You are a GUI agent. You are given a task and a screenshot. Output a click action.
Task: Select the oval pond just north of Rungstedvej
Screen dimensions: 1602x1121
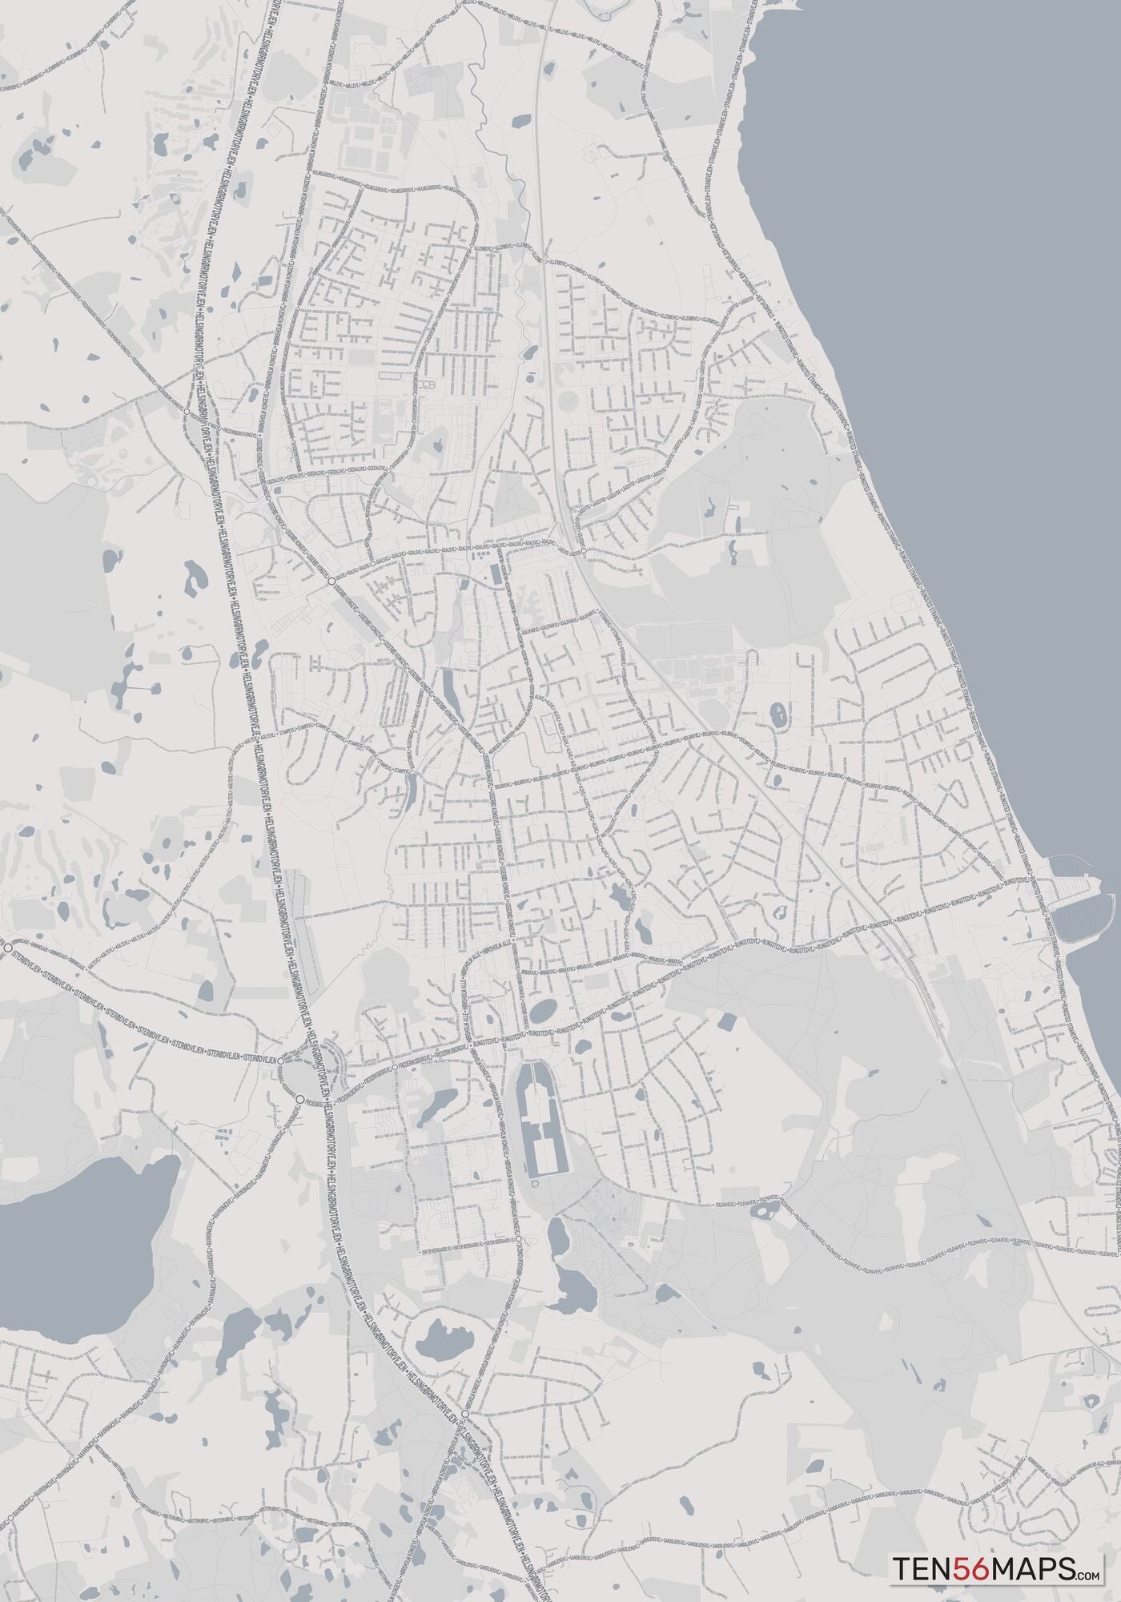542,1010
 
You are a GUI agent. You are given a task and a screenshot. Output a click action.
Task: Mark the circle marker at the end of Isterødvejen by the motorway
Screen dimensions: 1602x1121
283,1059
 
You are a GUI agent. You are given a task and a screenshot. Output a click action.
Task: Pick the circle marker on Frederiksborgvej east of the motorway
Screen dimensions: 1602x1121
395,1068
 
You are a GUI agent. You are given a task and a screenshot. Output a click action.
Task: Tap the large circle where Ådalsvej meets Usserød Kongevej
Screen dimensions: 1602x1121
331,575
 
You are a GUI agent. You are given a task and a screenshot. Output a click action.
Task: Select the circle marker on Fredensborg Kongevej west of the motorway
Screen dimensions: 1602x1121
187,410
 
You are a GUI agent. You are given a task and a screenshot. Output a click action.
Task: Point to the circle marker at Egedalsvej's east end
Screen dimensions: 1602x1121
372,564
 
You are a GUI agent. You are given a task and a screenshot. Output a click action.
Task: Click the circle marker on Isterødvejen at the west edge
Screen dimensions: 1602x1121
8,948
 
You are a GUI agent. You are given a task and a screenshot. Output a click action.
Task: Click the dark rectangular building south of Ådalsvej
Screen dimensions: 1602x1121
494,574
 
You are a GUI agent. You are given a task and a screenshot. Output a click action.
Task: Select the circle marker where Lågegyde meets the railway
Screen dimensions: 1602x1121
584,551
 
